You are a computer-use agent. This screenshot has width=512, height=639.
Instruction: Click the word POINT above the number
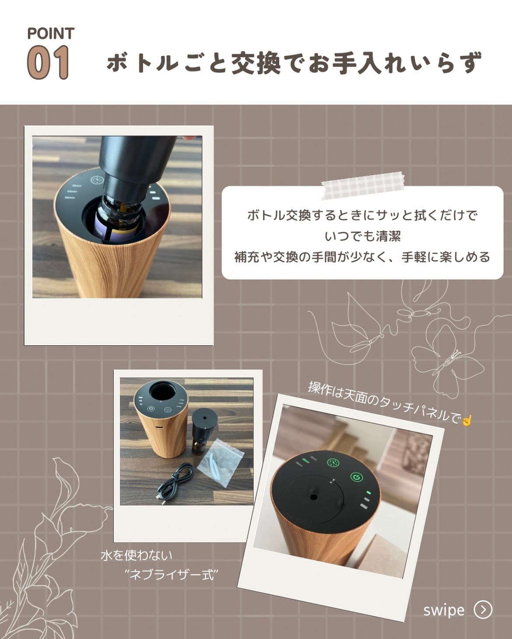coord(51,34)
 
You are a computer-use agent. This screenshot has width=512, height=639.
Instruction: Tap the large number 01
coord(48,63)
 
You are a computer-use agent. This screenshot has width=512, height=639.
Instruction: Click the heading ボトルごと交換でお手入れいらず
coord(294,63)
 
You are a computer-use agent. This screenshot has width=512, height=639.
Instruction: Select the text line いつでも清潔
coord(362,236)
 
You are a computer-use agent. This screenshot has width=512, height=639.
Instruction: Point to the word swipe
coord(443,610)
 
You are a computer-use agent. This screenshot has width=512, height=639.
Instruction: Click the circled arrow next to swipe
coord(483,610)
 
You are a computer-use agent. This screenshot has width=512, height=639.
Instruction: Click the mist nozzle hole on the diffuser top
coord(313,497)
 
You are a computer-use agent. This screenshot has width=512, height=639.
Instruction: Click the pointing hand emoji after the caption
coord(466,421)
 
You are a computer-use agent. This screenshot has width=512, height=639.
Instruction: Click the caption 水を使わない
coord(137,555)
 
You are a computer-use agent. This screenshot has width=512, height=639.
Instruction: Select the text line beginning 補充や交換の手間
coord(362,257)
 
